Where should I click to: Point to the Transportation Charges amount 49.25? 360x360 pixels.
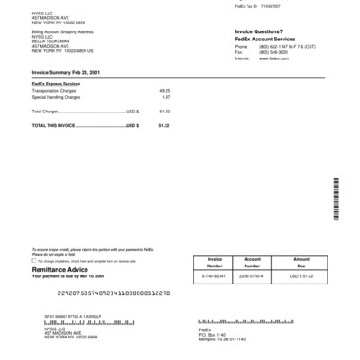tap(165, 91)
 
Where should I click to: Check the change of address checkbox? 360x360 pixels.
tap(33, 260)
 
